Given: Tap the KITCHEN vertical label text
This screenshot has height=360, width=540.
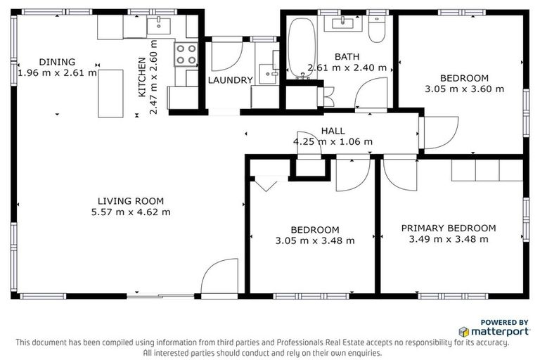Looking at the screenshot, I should tap(142, 77).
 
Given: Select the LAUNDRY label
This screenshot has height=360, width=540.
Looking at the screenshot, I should tap(230, 80).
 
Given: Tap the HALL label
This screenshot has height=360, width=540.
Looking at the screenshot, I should tap(333, 131).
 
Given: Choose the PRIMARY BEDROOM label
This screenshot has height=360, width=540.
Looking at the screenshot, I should tap(448, 228).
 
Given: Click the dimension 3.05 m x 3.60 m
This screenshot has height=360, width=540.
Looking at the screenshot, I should tap(464, 89).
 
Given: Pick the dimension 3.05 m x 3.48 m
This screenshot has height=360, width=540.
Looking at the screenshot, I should tap(314, 240).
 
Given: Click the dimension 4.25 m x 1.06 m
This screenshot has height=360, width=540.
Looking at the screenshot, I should tap(333, 141).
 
